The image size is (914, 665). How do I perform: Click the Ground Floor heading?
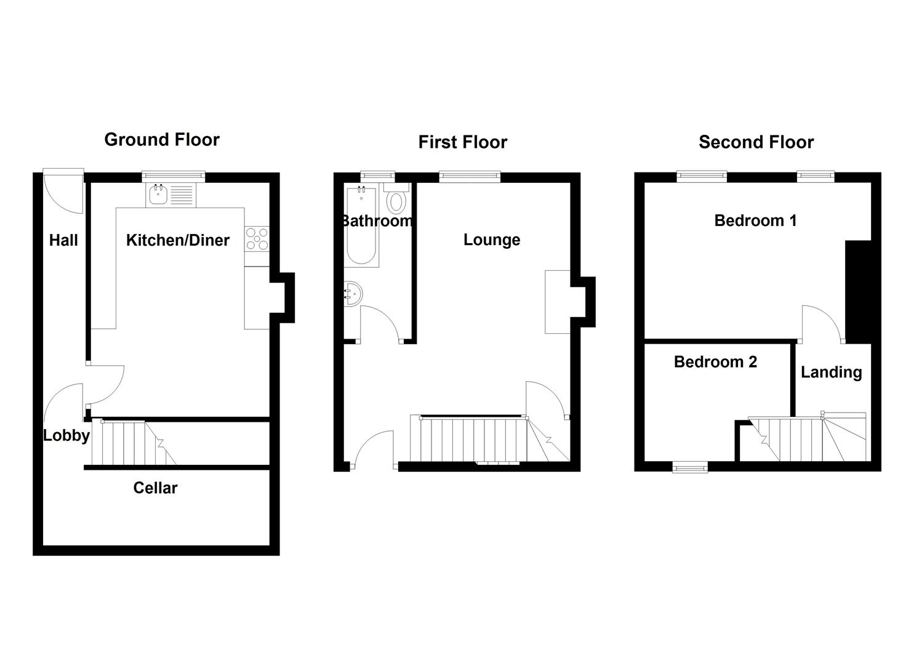pyautogui.click(x=162, y=140)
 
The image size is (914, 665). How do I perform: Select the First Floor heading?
pyautogui.click(x=463, y=142)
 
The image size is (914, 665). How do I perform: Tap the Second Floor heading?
pyautogui.click(x=756, y=142)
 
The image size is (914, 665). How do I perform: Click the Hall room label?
pyautogui.click(x=63, y=240)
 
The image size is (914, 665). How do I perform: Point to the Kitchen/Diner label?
pyautogui.click(x=178, y=240)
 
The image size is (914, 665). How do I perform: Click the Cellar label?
pyautogui.click(x=155, y=488)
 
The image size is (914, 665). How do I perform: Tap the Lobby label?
pyautogui.click(x=66, y=436)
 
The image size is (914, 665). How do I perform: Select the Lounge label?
pyautogui.click(x=492, y=240)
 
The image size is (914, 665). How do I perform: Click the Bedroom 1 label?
pyautogui.click(x=755, y=220)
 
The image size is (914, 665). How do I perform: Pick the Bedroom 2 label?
pyautogui.click(x=715, y=361)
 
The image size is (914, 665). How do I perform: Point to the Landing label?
pyautogui.click(x=831, y=372)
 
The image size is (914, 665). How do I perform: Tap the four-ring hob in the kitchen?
pyautogui.click(x=257, y=240)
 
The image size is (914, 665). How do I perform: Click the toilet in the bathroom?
pyautogui.click(x=396, y=199)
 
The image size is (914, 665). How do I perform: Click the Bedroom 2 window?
pyautogui.click(x=690, y=468)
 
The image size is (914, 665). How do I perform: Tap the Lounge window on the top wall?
pyautogui.click(x=470, y=177)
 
